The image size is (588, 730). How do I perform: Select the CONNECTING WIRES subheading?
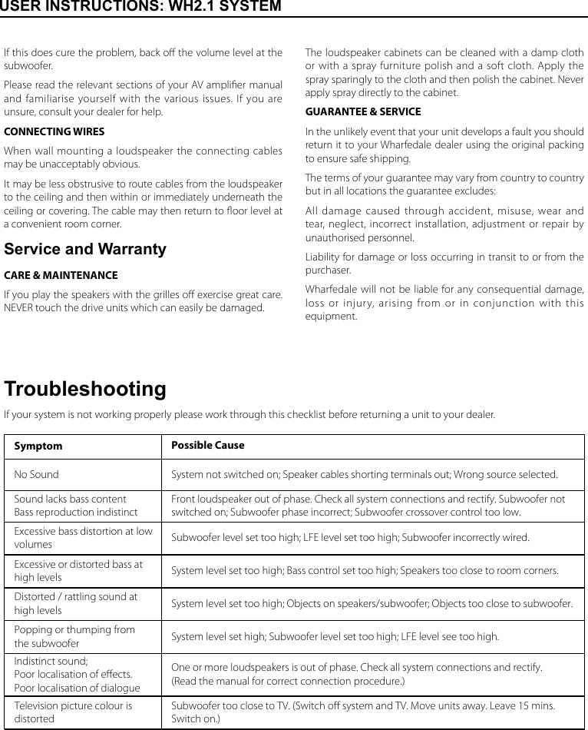55,131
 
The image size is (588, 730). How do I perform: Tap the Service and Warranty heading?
85,250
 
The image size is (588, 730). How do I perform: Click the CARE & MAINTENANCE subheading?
61,275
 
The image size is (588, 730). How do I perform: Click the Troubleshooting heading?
85,389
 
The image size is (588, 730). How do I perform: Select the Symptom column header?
38,446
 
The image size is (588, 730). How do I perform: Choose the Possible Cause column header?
208,446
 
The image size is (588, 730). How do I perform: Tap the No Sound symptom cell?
36,475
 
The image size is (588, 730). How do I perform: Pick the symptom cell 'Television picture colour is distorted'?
73,712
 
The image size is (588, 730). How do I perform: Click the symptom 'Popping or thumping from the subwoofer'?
74,636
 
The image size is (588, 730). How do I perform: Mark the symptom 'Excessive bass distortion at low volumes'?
83,537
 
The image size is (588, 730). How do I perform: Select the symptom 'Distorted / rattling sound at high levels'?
76,603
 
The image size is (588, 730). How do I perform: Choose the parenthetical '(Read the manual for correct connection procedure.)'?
288,682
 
